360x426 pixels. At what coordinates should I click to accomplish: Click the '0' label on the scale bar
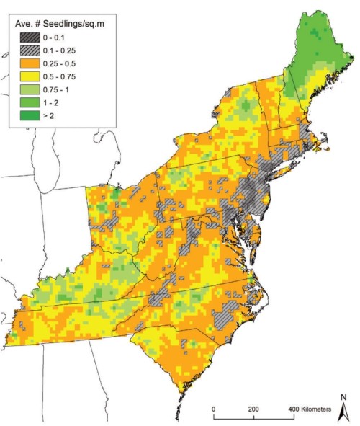pyautogui.click(x=213, y=409)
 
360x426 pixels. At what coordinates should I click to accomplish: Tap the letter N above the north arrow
pyautogui.click(x=344, y=397)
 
